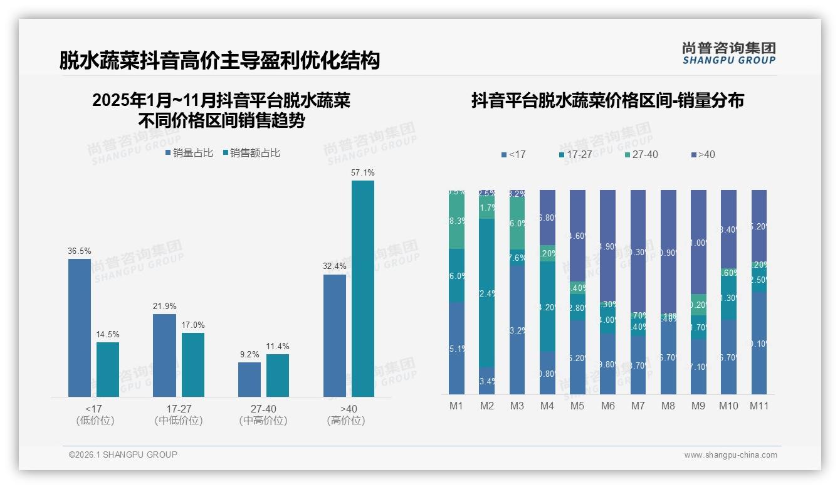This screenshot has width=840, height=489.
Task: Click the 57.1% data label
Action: (363, 172)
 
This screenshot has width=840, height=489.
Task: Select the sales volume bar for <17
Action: (80, 327)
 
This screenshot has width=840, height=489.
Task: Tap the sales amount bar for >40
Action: (363, 288)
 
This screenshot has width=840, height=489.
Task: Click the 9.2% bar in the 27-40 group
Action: (249, 379)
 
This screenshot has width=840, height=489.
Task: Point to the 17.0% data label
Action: (193, 325)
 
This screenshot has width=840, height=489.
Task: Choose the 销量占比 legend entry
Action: (189, 153)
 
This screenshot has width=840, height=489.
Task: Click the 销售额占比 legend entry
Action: (251, 153)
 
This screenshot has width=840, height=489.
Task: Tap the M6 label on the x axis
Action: (607, 406)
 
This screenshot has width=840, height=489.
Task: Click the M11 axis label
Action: (759, 406)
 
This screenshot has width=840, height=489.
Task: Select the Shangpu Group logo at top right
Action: (728, 53)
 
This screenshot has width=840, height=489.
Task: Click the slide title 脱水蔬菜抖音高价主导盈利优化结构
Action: (219, 61)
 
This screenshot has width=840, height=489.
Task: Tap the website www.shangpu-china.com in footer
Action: (730, 455)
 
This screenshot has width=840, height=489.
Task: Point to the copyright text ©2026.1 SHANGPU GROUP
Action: (123, 455)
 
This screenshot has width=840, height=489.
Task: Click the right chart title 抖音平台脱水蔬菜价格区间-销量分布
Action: (607, 100)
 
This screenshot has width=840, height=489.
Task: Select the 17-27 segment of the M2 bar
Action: (486, 293)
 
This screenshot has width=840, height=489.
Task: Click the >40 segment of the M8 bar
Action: (668, 251)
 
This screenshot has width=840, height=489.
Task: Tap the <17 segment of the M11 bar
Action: (759, 343)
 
